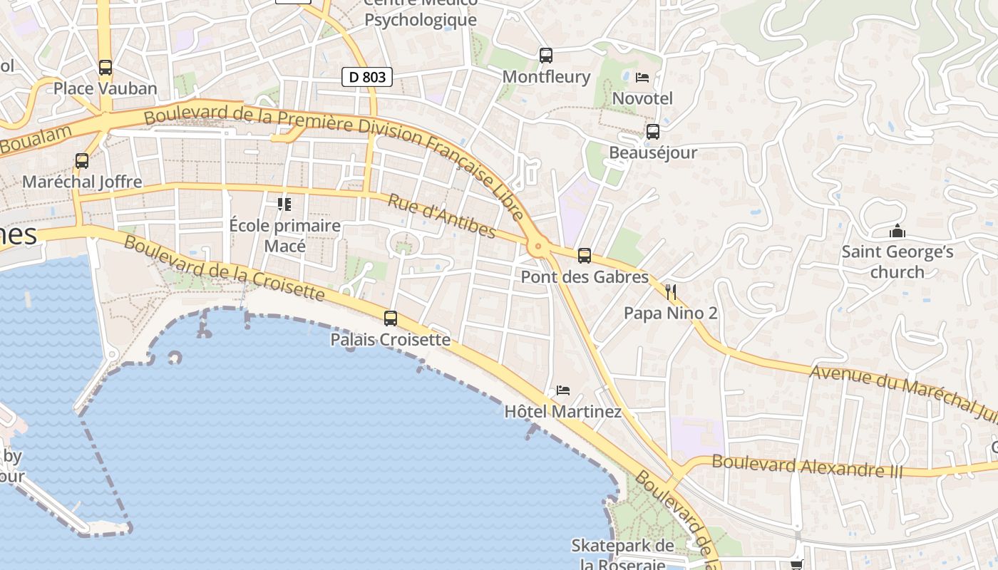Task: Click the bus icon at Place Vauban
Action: click(x=106, y=68)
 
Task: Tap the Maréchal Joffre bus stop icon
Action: click(x=82, y=161)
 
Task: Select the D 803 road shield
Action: click(x=367, y=76)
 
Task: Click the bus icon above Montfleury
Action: click(x=546, y=55)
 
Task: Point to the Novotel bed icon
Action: click(x=642, y=77)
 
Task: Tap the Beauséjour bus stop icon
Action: click(x=652, y=132)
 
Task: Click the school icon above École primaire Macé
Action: click(x=284, y=204)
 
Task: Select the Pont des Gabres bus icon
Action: click(x=585, y=255)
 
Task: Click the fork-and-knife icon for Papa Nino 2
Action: click(x=670, y=291)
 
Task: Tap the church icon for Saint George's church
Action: click(x=897, y=231)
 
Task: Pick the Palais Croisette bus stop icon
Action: click(x=391, y=318)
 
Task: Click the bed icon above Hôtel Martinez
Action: click(x=563, y=390)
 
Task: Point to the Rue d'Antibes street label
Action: click(x=441, y=216)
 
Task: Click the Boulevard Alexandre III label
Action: click(x=807, y=466)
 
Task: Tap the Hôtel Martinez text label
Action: click(x=562, y=412)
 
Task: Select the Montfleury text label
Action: click(x=546, y=76)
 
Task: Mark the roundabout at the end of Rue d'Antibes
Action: click(x=537, y=247)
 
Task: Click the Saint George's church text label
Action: click(x=897, y=261)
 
